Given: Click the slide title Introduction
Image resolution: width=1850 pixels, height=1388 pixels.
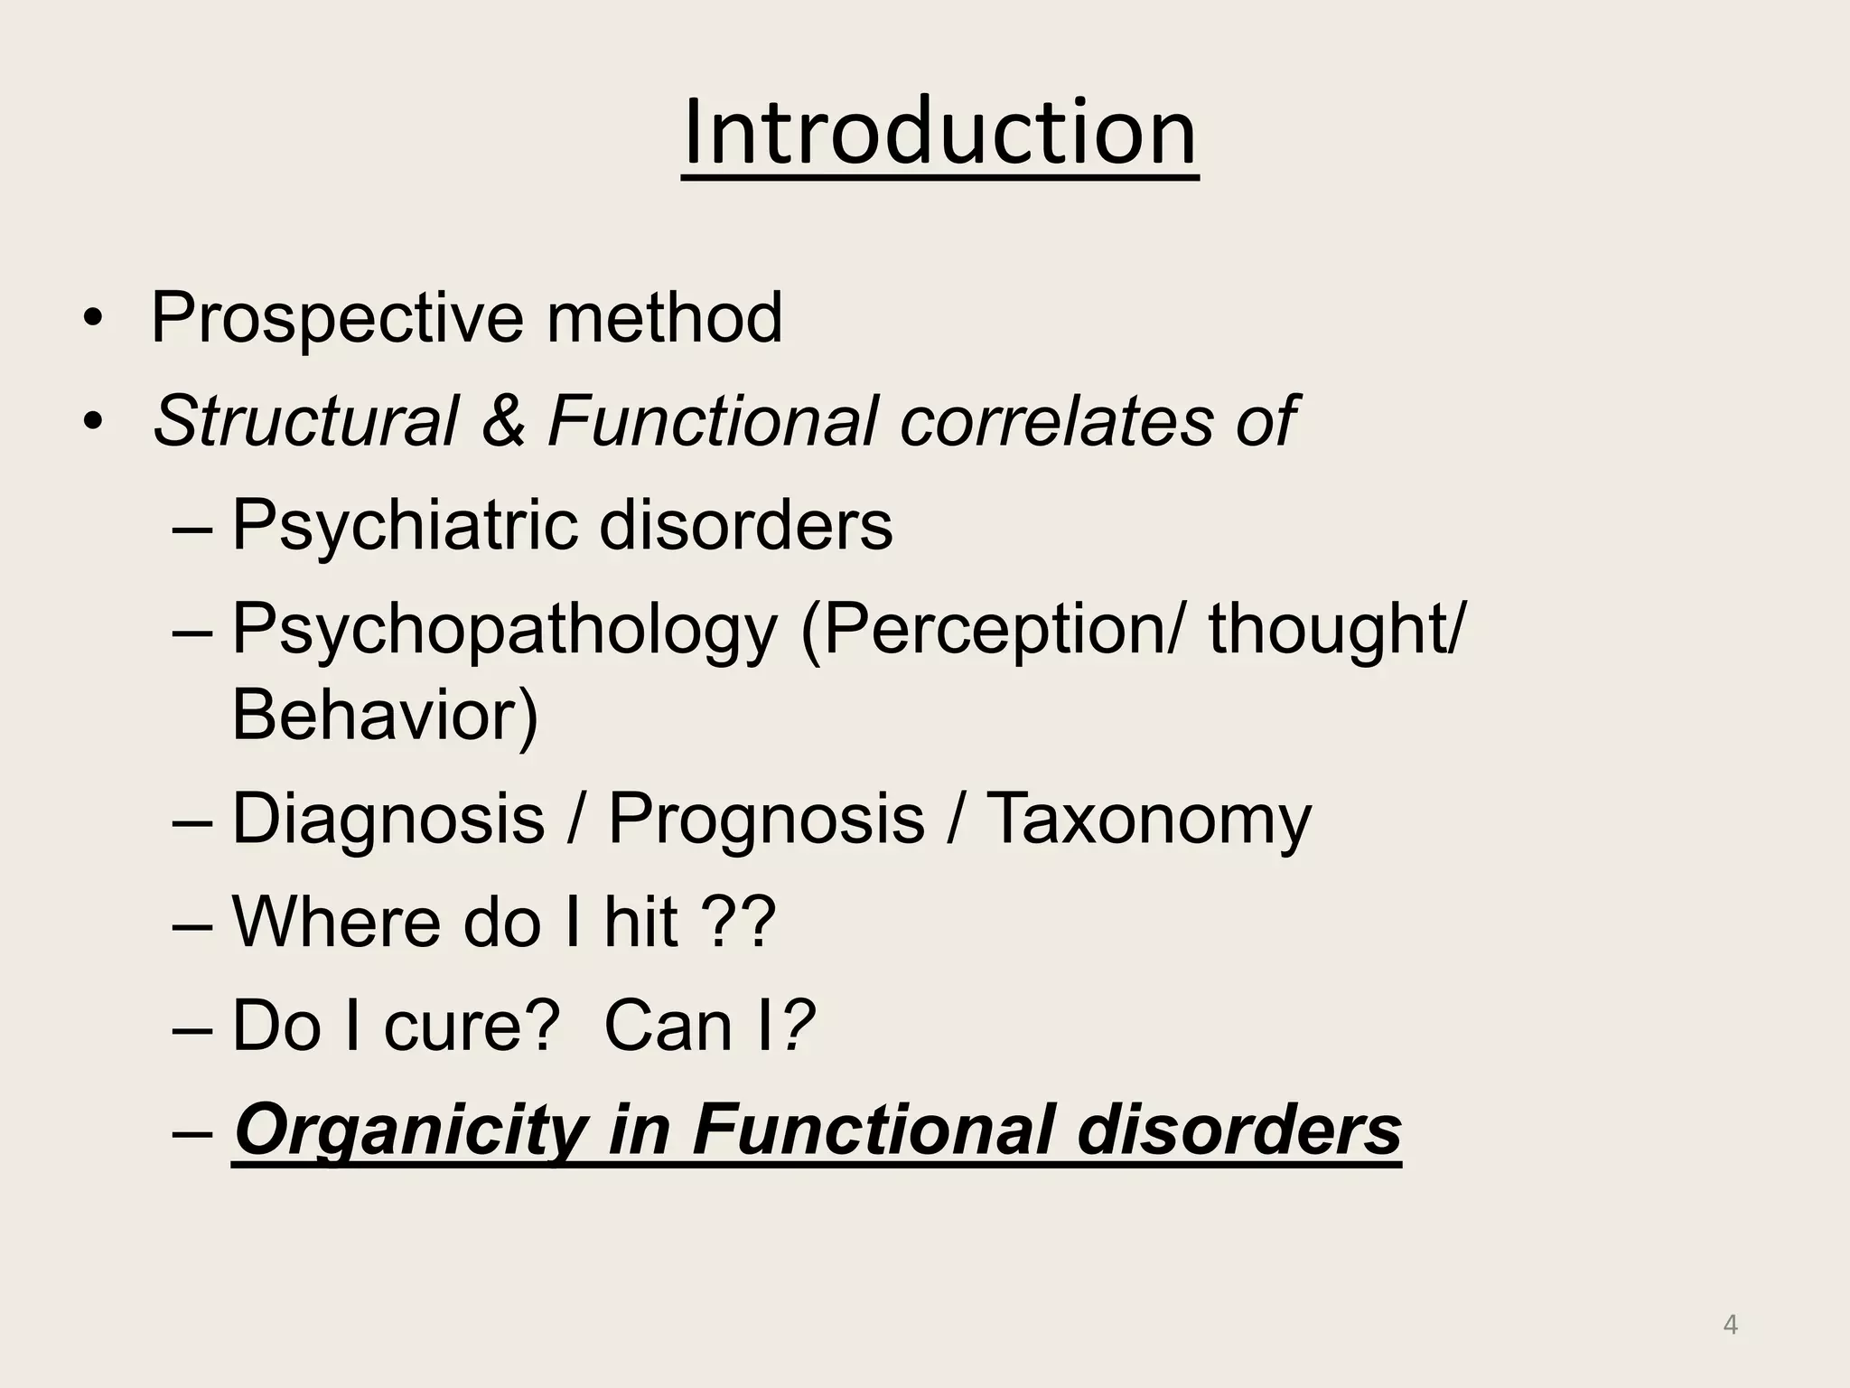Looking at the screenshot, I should pos(939,133).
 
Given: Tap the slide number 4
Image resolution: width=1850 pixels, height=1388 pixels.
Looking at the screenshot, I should pos(1731,1325).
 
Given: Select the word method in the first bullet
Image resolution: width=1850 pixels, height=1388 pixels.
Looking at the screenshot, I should pos(664,317).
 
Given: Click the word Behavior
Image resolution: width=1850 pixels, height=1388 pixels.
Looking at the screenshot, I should pos(379,715).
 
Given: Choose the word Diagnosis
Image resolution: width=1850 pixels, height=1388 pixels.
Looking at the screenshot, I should pos(388,819).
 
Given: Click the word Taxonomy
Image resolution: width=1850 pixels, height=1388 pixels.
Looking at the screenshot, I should pos(1147,819).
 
